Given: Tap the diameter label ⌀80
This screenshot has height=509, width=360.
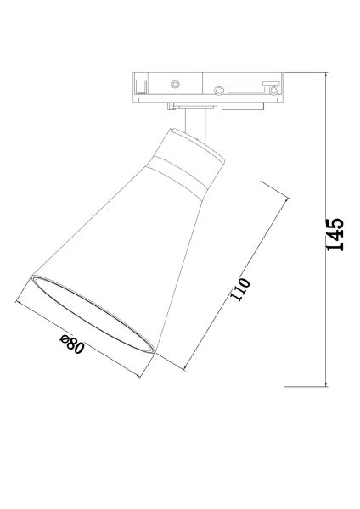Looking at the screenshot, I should click(x=72, y=345).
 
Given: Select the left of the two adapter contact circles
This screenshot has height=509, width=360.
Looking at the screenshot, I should click(x=218, y=90).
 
